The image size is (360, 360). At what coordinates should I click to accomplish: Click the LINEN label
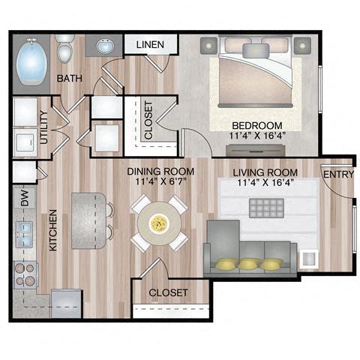(x=150, y=46)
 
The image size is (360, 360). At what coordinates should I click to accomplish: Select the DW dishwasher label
(x=24, y=200)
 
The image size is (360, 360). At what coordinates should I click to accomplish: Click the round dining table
(x=158, y=222)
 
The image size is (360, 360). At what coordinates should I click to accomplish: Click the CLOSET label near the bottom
(x=168, y=292)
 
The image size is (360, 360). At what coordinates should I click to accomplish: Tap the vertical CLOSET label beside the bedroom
(x=148, y=121)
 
